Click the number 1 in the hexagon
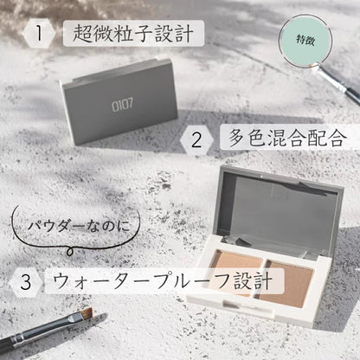[39, 33]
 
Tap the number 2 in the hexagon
[196, 140]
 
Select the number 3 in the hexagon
[26, 282]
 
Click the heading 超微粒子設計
[133, 34]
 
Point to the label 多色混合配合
[287, 138]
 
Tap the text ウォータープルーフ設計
[163, 280]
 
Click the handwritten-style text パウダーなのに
[79, 226]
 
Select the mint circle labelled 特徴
[305, 40]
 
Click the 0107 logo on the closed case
[123, 105]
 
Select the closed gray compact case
[119, 99]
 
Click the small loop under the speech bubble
[69, 252]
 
